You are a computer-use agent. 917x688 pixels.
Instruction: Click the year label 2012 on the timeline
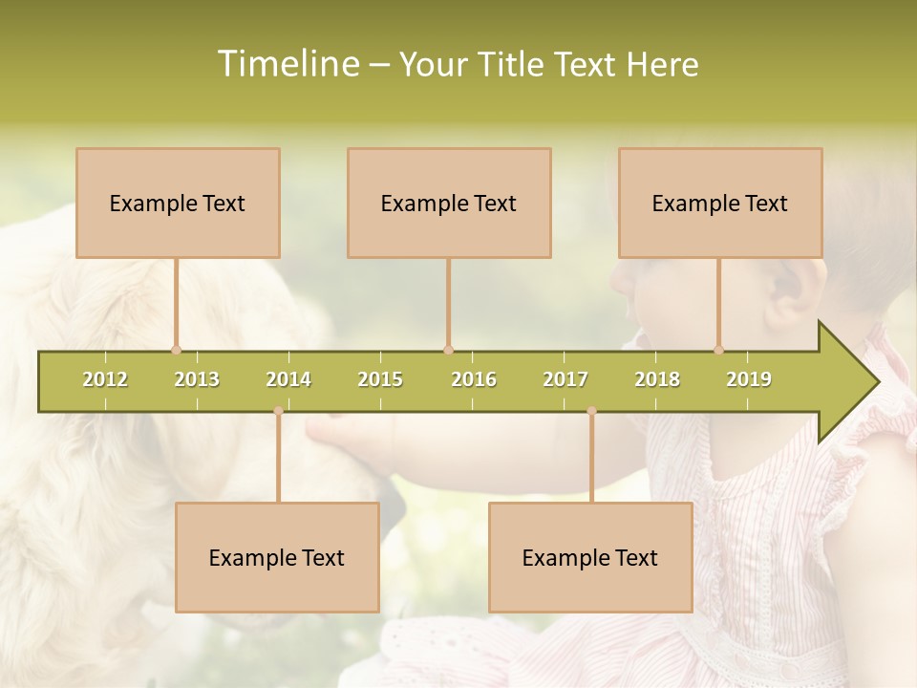105,379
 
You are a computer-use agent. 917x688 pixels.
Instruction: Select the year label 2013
197,379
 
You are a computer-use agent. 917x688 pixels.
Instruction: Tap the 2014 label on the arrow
288,379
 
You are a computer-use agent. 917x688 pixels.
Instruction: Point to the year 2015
380,379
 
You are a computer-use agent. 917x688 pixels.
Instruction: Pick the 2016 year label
474,379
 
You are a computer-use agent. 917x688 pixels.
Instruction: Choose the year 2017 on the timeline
565,379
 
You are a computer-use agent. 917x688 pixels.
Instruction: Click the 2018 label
657,379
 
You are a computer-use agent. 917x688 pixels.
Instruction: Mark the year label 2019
749,379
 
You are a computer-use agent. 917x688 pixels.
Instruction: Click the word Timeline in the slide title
287,64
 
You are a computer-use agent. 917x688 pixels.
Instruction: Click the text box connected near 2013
178,203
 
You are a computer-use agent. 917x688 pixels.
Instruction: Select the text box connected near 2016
449,203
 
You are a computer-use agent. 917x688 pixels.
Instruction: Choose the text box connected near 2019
720,203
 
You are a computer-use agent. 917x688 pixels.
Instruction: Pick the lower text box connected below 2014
277,557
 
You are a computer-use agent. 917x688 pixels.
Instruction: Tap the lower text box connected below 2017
590,557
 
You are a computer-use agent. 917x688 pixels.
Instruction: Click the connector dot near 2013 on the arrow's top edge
176,350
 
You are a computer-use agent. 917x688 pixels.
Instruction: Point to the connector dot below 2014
278,411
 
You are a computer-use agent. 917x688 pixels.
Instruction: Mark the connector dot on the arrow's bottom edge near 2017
591,411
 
